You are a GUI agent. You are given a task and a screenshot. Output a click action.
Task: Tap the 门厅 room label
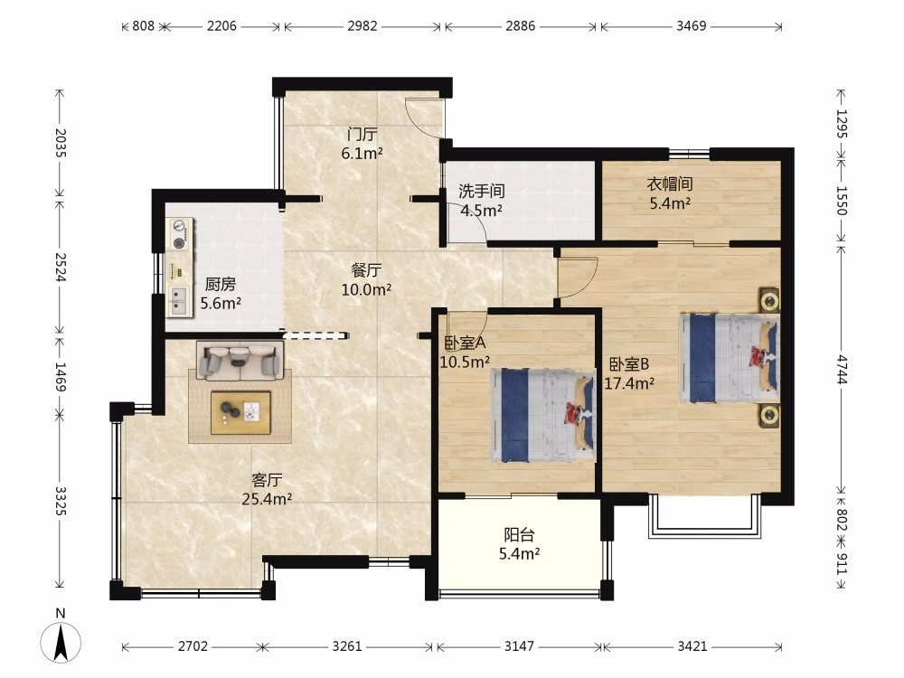363,135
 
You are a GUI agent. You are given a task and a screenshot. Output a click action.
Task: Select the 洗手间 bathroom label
482,191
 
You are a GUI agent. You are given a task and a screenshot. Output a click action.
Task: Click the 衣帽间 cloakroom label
669,184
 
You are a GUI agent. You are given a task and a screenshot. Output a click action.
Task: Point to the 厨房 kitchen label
221,284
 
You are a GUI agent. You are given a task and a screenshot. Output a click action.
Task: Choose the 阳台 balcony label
519,535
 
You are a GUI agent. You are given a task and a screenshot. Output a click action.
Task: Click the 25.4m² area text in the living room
267,499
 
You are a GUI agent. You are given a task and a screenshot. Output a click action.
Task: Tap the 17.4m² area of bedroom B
629,383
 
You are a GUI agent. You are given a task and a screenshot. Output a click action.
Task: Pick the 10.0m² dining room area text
366,289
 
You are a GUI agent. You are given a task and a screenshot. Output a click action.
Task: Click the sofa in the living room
240,361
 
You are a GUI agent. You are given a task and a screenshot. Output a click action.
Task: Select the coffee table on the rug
241,413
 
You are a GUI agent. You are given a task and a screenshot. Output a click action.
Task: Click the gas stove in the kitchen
180,235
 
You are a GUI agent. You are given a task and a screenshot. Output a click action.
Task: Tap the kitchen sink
179,301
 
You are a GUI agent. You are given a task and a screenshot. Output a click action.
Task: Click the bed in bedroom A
542,416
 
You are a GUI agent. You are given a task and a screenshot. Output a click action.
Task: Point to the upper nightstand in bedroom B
768,300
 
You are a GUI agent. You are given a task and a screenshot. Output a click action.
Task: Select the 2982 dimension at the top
363,26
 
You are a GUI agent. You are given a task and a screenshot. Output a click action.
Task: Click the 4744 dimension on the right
842,370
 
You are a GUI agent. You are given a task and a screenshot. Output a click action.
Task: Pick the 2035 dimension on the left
61,143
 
